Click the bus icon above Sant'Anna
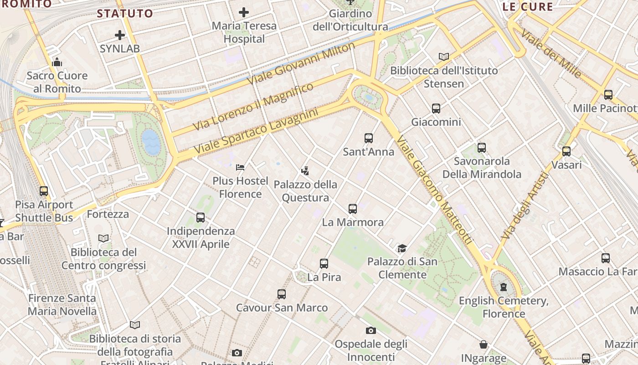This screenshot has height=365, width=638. tap(369, 138)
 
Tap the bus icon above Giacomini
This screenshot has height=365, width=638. tap(436, 109)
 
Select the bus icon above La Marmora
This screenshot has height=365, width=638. tap(352, 209)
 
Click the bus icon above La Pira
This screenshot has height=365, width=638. tap(324, 263)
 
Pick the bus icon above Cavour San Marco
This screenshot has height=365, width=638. tap(282, 294)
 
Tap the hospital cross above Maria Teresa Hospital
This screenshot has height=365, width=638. tap(244, 12)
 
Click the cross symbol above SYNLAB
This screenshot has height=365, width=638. tap(120, 35)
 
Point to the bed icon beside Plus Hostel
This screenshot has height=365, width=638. tap(240, 167)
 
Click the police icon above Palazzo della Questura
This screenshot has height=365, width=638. tap(305, 171)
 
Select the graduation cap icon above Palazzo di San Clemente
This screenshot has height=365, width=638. tap(402, 248)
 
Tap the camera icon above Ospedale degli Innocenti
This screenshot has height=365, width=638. tap(371, 330)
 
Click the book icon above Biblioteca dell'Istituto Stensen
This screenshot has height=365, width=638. tap(444, 57)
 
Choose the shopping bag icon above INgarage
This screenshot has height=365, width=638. tap(484, 344)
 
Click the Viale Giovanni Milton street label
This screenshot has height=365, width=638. tap(301, 63)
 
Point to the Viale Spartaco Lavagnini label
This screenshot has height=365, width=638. tap(256, 131)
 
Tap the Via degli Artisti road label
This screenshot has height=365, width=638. tap(524, 206)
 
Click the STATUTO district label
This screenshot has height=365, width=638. tap(125, 13)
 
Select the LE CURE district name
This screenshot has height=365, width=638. tap(528, 7)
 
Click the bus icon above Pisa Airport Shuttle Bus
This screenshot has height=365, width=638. tap(44, 191)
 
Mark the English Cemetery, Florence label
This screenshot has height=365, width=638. tap(504, 307)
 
